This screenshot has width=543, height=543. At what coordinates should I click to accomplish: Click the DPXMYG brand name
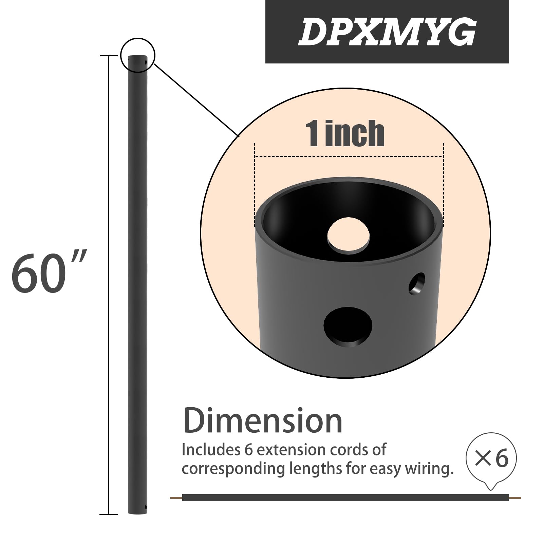point(387,32)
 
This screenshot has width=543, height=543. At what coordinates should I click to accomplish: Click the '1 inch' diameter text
point(345,134)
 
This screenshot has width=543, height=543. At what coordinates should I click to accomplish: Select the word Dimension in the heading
point(263,421)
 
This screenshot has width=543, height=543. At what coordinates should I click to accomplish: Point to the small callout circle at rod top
point(138,55)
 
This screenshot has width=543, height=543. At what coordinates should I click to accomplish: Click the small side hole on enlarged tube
point(417,284)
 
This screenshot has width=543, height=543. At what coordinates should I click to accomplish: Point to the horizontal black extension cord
point(339,498)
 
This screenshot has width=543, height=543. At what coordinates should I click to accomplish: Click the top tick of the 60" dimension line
point(109,56)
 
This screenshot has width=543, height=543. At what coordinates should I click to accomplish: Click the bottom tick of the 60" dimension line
point(109,514)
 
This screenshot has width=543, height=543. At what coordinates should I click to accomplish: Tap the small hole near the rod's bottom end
point(146,507)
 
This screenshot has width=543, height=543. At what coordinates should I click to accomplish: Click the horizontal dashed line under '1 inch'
point(349,156)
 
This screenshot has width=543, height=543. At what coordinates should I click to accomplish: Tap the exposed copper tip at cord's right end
point(515,498)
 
